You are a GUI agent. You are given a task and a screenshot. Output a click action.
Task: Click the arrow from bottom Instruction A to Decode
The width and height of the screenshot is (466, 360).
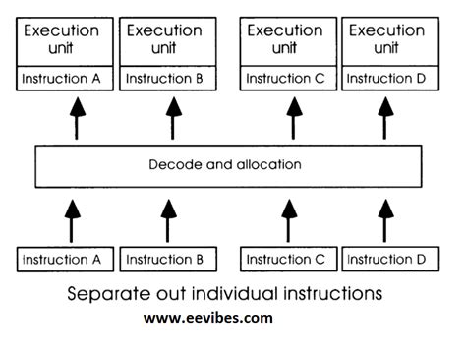click(70, 219)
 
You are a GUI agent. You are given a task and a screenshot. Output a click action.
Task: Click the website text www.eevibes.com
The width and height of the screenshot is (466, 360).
click(208, 318)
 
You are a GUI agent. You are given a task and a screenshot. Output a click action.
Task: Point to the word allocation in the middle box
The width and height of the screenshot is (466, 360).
click(266, 164)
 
